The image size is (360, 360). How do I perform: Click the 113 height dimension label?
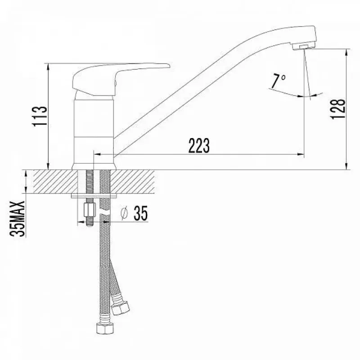[x=40, y=117]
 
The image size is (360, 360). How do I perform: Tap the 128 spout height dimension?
[x=338, y=109]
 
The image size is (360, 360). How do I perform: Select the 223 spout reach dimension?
[x=199, y=145]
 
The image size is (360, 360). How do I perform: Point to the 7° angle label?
[x=278, y=81]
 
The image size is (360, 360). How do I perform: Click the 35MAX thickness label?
[x=17, y=219]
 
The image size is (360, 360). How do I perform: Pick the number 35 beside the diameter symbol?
[x=141, y=213]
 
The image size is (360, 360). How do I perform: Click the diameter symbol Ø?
[x=124, y=213]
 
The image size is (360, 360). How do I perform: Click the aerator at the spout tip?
[x=304, y=47]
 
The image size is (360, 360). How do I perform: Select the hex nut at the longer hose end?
[x=104, y=328]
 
